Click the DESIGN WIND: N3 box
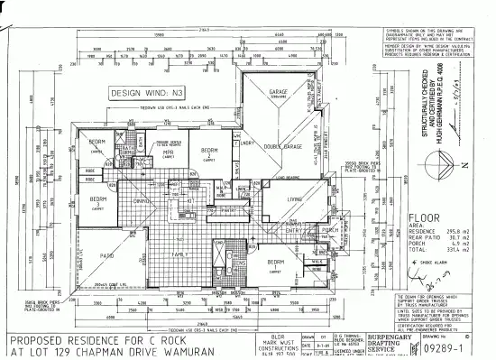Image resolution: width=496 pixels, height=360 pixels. pos(144,92)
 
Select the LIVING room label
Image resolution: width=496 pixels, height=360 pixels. pos(294,199)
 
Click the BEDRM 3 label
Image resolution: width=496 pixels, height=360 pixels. pos(99,202)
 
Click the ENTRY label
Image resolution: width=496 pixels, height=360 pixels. pos(292,231)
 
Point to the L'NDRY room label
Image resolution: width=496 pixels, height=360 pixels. pos(245,143)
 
